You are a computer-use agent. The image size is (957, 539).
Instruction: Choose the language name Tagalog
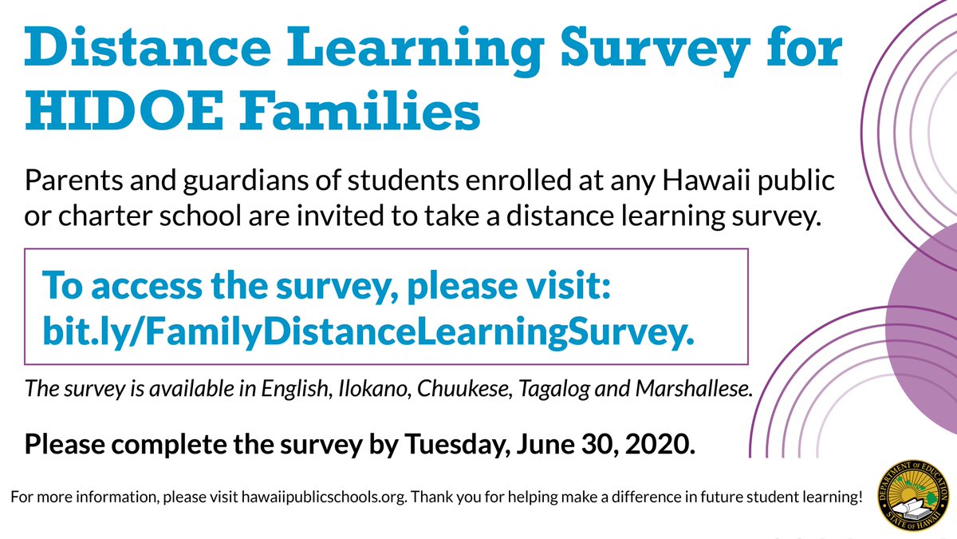pyautogui.click(x=553, y=390)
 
